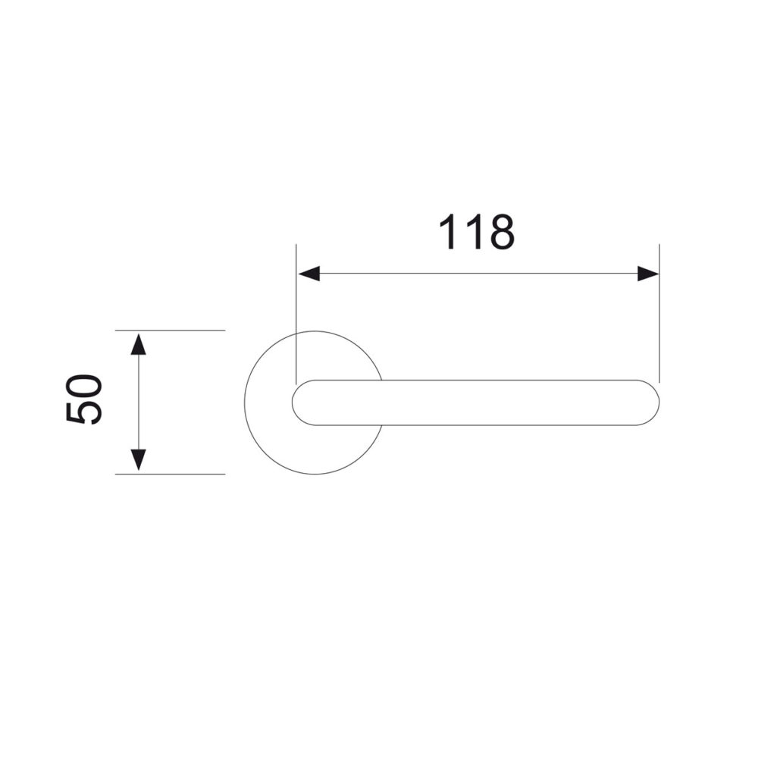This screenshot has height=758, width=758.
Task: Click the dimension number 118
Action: click(x=477, y=232)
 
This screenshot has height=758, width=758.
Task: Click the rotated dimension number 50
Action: click(x=84, y=399)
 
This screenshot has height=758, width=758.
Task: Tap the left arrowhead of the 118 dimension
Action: click(x=309, y=274)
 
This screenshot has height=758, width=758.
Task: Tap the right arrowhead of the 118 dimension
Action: click(x=648, y=274)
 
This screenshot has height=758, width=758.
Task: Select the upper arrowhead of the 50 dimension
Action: click(x=138, y=344)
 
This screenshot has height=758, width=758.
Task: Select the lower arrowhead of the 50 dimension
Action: click(x=138, y=460)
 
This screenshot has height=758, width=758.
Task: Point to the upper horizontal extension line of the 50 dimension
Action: click(x=170, y=330)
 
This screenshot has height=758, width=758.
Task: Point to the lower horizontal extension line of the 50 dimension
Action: click(x=170, y=475)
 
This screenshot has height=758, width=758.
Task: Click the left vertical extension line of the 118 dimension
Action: click(x=296, y=315)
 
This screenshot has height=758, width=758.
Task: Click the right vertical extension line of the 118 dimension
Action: click(x=659, y=315)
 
